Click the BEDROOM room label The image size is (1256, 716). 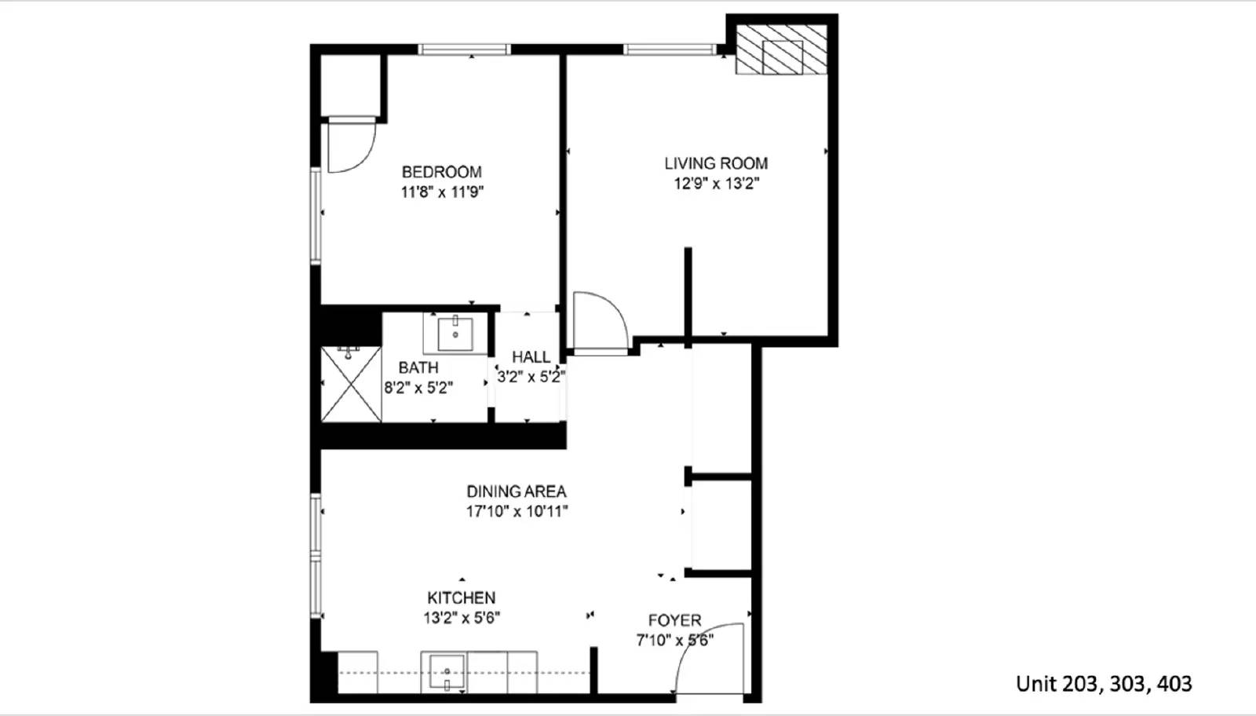coord(441,172)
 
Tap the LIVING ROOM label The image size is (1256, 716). coord(716,163)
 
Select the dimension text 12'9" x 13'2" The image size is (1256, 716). coord(716,184)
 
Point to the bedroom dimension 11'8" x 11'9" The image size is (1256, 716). coord(441,192)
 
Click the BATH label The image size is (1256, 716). coord(418,367)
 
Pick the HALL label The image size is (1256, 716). coord(531,357)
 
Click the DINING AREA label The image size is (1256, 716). coord(516,491)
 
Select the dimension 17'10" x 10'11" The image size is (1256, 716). coord(516,512)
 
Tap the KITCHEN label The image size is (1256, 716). coord(461,597)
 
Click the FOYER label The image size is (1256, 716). coord(674,620)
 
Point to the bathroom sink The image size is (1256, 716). coord(455,334)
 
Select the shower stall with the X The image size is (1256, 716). coord(351,385)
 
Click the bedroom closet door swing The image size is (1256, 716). coord(350,145)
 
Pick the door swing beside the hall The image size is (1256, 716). coord(600,322)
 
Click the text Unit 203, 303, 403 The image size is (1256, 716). coord(1103,684)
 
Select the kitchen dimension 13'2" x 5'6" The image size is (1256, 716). coord(461,618)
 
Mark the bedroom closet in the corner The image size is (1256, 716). coord(350,85)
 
